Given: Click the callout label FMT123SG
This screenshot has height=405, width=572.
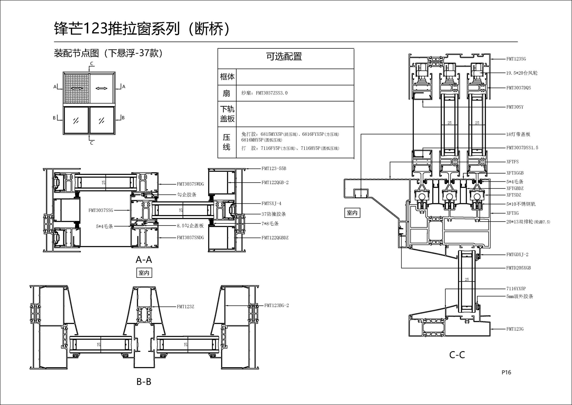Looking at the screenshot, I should coord(516,59).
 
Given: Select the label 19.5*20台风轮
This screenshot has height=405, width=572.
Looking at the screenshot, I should coord(522,73).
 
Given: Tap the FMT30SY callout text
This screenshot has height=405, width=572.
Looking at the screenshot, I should coord(515,107).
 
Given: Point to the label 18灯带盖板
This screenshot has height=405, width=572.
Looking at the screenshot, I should coord(518,134).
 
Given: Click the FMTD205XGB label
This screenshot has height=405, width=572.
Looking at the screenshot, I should coord(518,268).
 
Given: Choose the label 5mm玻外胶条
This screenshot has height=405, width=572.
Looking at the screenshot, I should coord(520,296).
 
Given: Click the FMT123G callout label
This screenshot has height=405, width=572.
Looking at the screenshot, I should coord(515,329).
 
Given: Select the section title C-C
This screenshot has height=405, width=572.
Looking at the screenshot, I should coord(457,355).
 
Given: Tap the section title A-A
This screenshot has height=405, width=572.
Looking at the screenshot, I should coord(144,260).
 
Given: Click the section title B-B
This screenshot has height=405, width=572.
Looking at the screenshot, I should coord(144,381).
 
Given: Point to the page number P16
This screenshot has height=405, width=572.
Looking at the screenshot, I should coord(506,372).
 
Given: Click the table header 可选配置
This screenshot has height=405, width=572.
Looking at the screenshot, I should coord(284,56).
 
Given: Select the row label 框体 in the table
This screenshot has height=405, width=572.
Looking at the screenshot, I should coord(227,77).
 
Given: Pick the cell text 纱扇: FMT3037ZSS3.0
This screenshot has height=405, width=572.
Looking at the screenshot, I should coord(264,93).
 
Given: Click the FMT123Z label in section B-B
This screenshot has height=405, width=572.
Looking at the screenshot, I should coord(185,307).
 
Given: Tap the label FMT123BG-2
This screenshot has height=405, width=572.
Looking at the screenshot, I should coord(276,305).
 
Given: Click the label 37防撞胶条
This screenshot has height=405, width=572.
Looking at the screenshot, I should coord(273,214).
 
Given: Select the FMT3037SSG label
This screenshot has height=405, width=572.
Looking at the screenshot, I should coord(101,210).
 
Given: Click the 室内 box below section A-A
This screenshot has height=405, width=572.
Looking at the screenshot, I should coord(144,273).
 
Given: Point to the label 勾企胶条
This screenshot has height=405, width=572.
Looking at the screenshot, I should coord(187,195).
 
